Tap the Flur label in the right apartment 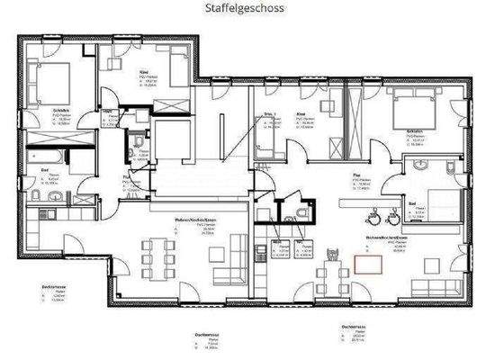point(355,178)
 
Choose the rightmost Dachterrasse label point(354,325)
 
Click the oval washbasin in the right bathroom point(420,167)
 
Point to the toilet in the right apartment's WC point(298,211)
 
